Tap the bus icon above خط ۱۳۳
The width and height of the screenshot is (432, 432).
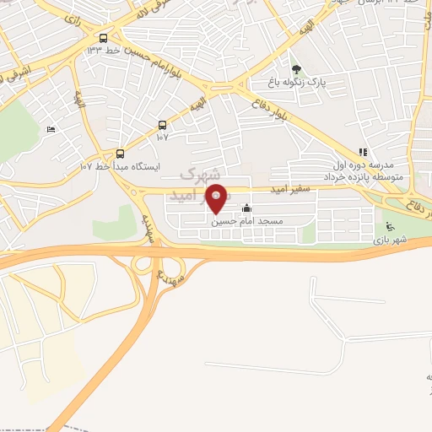[103, 38]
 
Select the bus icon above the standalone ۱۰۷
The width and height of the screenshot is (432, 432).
[162, 125]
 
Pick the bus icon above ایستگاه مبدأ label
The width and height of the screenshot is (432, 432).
[120, 154]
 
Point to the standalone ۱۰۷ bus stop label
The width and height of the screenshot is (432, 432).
[162, 137]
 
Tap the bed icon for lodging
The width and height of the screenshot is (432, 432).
[51, 129]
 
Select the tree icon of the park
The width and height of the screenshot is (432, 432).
[295, 69]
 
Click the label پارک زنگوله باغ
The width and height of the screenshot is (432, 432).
[295, 82]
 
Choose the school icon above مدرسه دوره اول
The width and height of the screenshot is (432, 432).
[362, 152]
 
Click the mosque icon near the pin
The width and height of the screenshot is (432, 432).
[246, 209]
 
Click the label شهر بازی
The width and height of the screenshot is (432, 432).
[390, 240]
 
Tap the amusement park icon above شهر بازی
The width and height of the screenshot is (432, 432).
[389, 227]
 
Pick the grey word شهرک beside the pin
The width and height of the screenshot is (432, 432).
[201, 175]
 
